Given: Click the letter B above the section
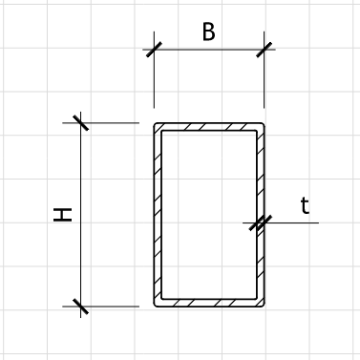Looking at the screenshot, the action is [208, 32].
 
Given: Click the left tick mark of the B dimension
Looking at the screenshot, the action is [154, 49].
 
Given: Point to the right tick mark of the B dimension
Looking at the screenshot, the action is [264, 49].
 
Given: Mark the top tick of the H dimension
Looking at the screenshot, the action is [80, 123].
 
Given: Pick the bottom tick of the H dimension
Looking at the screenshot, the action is [80, 307].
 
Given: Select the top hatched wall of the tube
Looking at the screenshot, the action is [208, 127].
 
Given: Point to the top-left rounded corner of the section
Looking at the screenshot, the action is [158, 127].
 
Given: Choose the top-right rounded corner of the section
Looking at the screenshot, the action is [261, 127].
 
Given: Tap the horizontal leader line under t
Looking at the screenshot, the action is [296, 223].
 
